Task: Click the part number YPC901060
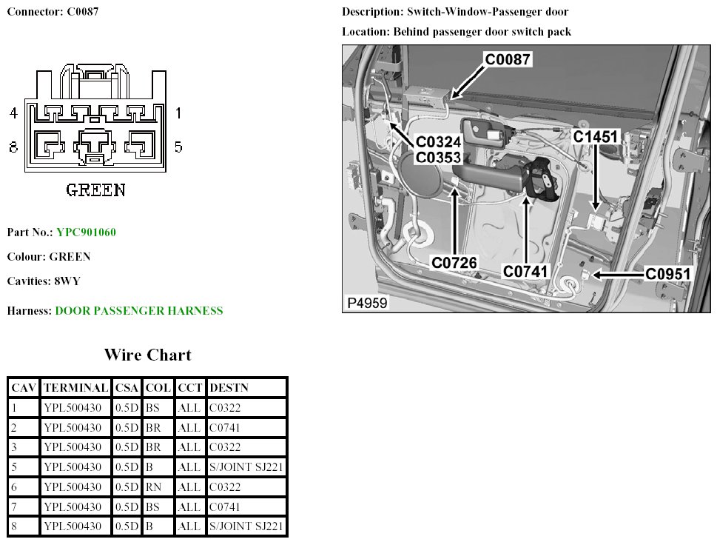tap(86, 232)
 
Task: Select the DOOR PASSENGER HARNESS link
tap(138, 311)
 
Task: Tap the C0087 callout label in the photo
tap(508, 59)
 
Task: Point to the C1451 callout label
tap(596, 137)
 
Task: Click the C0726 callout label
tap(455, 262)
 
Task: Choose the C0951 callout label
tap(667, 275)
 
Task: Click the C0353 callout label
tap(438, 157)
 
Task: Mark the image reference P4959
tap(366, 303)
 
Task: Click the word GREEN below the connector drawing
tap(95, 190)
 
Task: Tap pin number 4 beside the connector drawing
tap(13, 113)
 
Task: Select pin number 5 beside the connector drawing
tap(178, 147)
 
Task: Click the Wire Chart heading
tap(147, 355)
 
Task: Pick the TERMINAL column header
tap(76, 387)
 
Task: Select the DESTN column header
tap(229, 387)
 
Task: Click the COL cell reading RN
tap(153, 487)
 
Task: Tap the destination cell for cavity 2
tap(225, 427)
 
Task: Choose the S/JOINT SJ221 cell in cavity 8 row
tap(246, 526)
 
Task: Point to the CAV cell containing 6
tap(14, 487)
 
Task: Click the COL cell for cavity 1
tap(152, 407)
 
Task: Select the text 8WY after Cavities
tap(67, 281)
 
